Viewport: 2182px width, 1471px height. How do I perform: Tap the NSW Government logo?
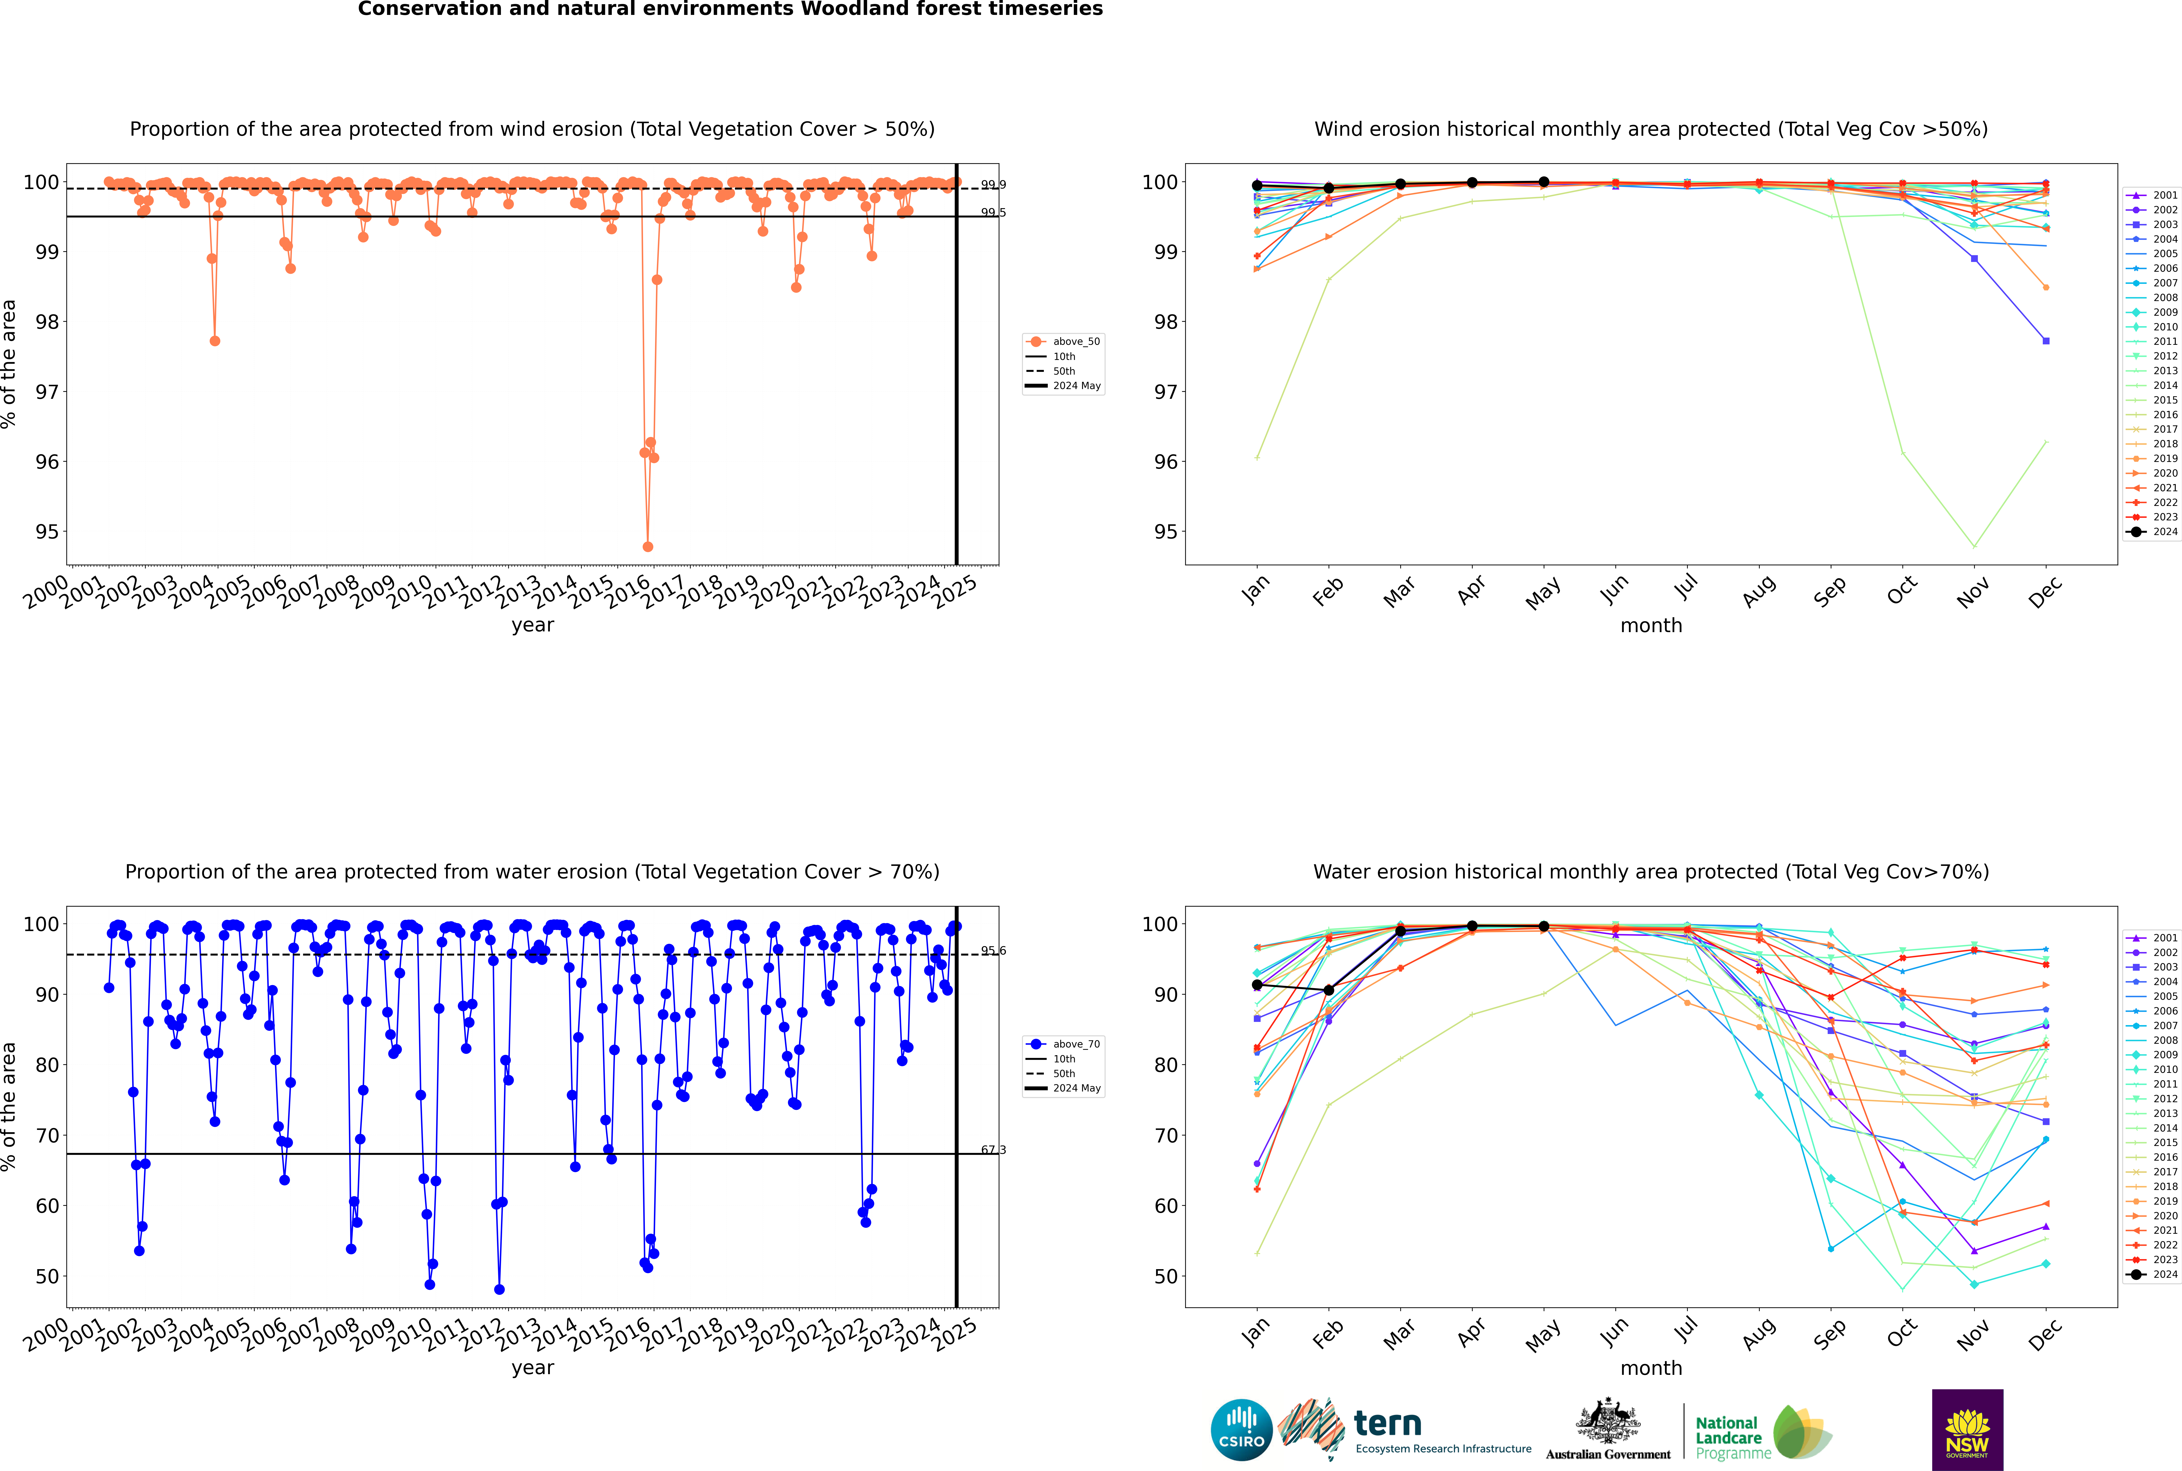pos(1967,1429)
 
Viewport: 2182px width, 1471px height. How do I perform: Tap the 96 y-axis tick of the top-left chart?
pos(47,461)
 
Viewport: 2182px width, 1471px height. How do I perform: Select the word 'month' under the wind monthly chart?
pos(1651,626)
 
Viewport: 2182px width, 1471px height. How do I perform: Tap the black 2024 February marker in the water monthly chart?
pos(1328,991)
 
